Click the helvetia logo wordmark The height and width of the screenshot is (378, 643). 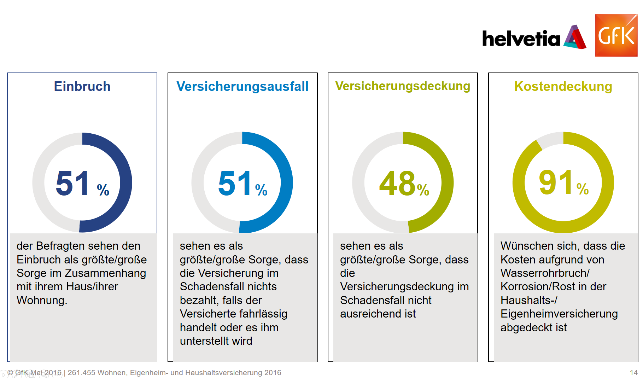point(521,39)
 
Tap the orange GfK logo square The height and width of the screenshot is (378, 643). point(616,35)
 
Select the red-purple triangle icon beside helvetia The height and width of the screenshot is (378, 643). point(575,37)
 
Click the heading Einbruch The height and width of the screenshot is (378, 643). point(82,86)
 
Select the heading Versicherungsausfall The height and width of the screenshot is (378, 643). point(242,86)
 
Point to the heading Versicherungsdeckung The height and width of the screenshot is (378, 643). point(403,86)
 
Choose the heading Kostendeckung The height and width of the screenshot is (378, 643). point(563,86)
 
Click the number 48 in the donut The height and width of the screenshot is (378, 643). point(397,183)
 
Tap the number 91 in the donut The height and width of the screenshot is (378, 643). point(556,182)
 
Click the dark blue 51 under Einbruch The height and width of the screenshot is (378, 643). point(73,183)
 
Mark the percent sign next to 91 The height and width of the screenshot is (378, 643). point(583,189)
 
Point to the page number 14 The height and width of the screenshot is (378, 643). point(633,373)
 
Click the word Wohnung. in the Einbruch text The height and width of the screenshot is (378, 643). point(42,300)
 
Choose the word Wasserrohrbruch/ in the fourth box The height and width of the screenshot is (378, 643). point(545,273)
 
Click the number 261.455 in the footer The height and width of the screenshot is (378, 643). point(81,373)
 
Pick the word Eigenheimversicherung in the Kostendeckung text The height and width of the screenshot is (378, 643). point(559,314)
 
